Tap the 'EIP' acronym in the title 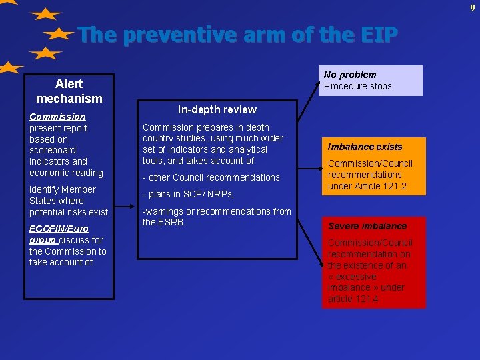tap(377, 35)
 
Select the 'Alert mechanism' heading tap(69, 91)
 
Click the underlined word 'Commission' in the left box tap(57, 117)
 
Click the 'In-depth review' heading tap(217, 109)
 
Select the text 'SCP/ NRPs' tap(207, 194)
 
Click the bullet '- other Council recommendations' tap(211, 177)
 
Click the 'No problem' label tap(350, 75)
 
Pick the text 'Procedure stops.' tap(359, 86)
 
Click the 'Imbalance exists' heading tap(365, 147)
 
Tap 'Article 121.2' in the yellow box tap(377, 186)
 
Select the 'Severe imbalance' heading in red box tap(367, 226)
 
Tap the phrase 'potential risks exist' tap(69, 212)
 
